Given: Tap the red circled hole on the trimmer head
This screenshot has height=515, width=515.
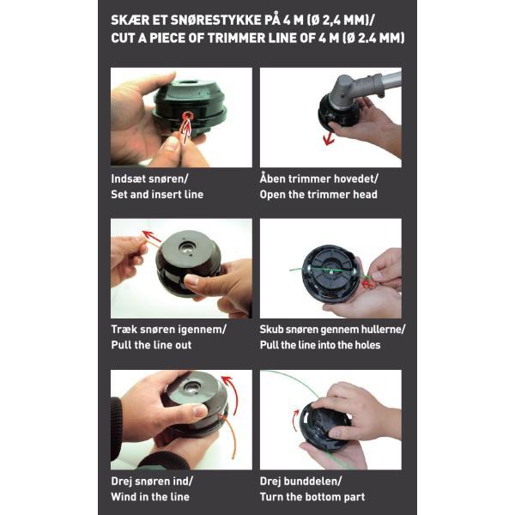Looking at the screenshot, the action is coord(187,116).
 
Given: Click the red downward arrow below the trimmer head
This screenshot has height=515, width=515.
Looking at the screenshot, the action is coord(328,138).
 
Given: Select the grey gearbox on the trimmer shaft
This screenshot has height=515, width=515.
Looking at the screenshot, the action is coord(347,89).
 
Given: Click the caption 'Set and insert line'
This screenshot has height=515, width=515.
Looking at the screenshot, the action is coord(157,195).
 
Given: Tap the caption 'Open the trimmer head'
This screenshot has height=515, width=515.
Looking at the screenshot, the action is coord(318,195).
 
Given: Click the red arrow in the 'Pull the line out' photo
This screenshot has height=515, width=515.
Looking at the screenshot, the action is coord(151,236).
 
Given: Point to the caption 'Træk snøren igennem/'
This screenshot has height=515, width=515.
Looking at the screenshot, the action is coord(168,329).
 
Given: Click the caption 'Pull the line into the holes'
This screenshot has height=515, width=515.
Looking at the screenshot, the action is coord(320,345).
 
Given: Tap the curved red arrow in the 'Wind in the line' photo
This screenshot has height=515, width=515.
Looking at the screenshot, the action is coord(231,395).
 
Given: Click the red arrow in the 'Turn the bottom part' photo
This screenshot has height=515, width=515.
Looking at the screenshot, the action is coord(296,421).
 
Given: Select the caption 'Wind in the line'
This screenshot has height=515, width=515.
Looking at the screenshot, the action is coord(150,497).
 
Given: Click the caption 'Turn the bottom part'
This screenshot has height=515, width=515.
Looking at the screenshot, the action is coord(312,497).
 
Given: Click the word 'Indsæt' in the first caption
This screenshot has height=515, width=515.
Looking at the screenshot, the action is coord(128,179).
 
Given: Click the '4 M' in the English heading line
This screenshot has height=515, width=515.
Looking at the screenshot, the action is coord(329,38).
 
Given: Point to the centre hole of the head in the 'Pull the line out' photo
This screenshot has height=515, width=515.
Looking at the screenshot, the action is coord(187,245).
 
